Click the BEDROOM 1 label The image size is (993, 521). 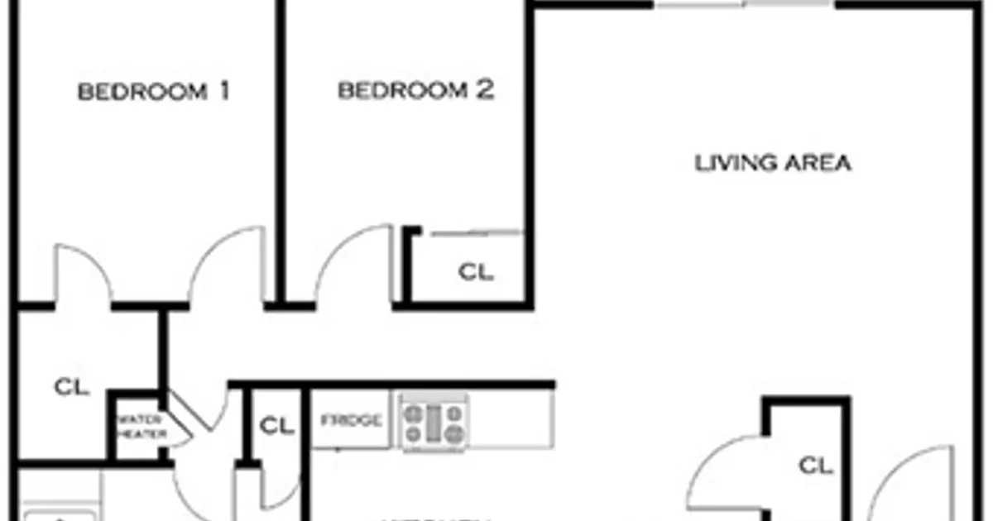[x=153, y=91]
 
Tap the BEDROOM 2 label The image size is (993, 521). [x=415, y=90]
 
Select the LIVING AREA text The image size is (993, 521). [x=772, y=163]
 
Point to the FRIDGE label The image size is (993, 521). [x=352, y=420]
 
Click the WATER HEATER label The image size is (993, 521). [x=142, y=426]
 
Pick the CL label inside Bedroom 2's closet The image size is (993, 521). [x=476, y=271]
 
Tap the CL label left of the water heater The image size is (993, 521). [x=72, y=386]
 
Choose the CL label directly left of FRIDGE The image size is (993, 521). [x=277, y=426]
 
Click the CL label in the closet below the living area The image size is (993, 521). [x=815, y=466]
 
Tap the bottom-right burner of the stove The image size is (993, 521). [x=453, y=433]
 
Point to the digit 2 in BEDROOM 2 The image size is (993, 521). [x=485, y=90]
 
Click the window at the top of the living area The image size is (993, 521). [x=745, y=5]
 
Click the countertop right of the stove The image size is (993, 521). [x=511, y=420]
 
